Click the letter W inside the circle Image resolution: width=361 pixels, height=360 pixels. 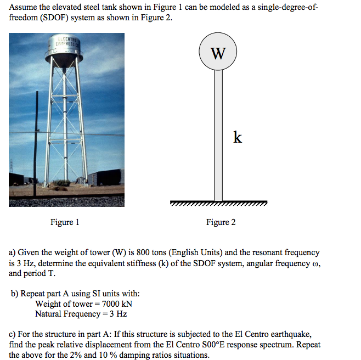pos(218,54)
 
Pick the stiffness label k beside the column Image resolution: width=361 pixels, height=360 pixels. pos(237,137)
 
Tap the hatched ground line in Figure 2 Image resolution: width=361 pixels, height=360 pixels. pos(219,204)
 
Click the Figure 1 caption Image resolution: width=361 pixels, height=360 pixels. pos(65,222)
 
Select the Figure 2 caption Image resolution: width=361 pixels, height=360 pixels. pos(221,222)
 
